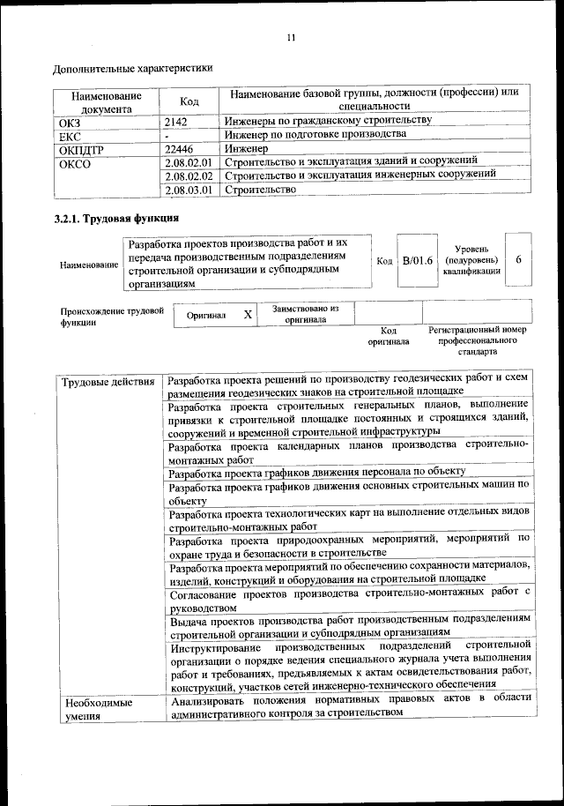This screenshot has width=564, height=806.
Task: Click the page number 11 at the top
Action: pos(292,37)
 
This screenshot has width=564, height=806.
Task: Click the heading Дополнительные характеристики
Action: pos(132,68)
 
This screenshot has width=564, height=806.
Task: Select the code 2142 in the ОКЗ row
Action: pos(177,121)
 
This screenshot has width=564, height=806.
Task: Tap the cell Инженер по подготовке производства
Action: pos(315,135)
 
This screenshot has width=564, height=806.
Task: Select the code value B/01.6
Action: pos(417,261)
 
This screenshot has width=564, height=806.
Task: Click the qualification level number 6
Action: pos(519,260)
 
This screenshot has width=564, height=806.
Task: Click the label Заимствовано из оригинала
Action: pos(305,315)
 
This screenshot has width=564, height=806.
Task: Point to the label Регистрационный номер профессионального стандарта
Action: pos(477,340)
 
